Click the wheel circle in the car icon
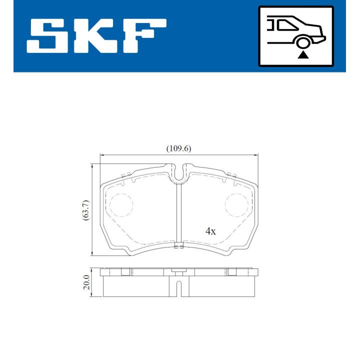pyautogui.click(x=302, y=42)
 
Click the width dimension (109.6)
pyautogui.click(x=179, y=148)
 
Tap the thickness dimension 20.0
pyautogui.click(x=86, y=283)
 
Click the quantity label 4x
pyautogui.click(x=210, y=231)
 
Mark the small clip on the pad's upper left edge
pyautogui.click(x=125, y=174)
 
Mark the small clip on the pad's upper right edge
pyautogui.click(x=231, y=174)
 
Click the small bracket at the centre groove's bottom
pyautogui.click(x=178, y=245)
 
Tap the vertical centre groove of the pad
pyautogui.click(x=178, y=215)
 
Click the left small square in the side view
pyautogui.click(x=125, y=272)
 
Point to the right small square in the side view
pyautogui.click(x=232, y=272)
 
